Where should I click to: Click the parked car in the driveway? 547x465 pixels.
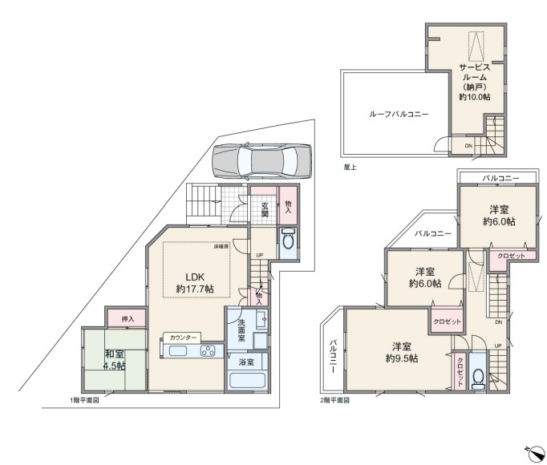(261, 161)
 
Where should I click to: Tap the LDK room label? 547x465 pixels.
(195, 277)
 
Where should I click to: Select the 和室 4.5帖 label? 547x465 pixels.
(115, 360)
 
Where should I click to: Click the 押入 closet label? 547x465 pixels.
(128, 319)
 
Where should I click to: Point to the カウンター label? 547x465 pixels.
(182, 338)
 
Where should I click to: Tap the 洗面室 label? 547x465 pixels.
(241, 330)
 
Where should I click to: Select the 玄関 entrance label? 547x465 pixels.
(265, 209)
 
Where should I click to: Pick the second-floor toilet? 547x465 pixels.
(477, 379)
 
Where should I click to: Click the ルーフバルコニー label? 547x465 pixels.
(399, 114)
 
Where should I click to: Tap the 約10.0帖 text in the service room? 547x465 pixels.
(475, 97)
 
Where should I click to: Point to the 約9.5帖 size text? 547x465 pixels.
(402, 358)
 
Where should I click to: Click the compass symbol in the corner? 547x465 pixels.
(533, 455)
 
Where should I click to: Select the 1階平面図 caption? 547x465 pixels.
(85, 401)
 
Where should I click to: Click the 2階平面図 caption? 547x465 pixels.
(335, 400)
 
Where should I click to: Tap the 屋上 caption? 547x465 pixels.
(350, 168)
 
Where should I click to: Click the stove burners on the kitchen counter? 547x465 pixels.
(208, 350)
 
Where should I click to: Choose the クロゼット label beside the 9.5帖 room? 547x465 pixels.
(460, 371)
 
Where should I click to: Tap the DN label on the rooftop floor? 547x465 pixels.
(468, 146)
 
